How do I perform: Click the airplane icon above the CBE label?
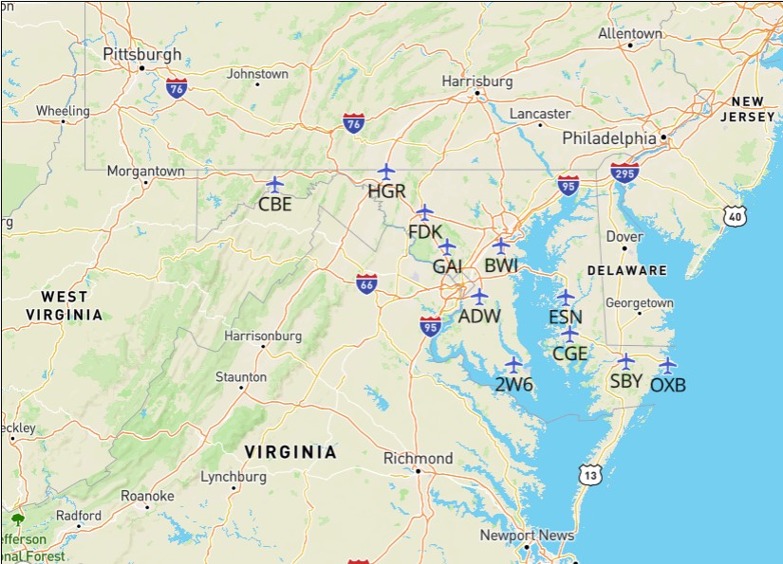[274, 183]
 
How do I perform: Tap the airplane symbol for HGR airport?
[385, 172]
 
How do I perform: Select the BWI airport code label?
[501, 265]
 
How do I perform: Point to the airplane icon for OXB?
[667, 365]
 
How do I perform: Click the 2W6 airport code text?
[513, 384]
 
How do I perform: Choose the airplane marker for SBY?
[625, 361]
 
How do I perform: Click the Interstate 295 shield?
[625, 173]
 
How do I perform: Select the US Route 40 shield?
[736, 216]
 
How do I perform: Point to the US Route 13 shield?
[591, 474]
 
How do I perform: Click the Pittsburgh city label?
[141, 54]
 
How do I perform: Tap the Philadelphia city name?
[608, 138]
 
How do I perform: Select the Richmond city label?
[418, 459]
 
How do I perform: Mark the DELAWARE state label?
[626, 270]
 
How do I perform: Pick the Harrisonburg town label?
[263, 336]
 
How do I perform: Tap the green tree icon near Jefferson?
[17, 519]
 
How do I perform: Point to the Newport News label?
[527, 536]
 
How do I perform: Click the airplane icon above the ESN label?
[566, 297]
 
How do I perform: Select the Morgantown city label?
[145, 172]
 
